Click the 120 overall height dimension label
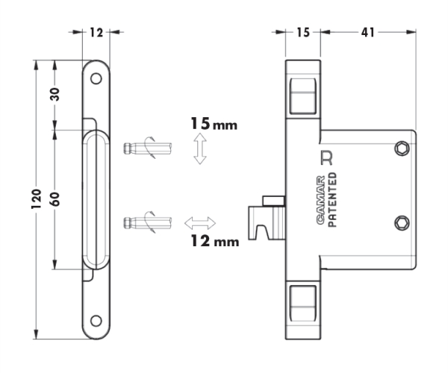37,198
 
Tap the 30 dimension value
55,95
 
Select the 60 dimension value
55,199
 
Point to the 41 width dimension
367,33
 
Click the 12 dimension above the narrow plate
96,33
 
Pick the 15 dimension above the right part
303,33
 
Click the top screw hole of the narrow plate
96,78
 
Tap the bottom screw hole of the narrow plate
96,321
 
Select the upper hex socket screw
402,148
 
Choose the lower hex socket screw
402,223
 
